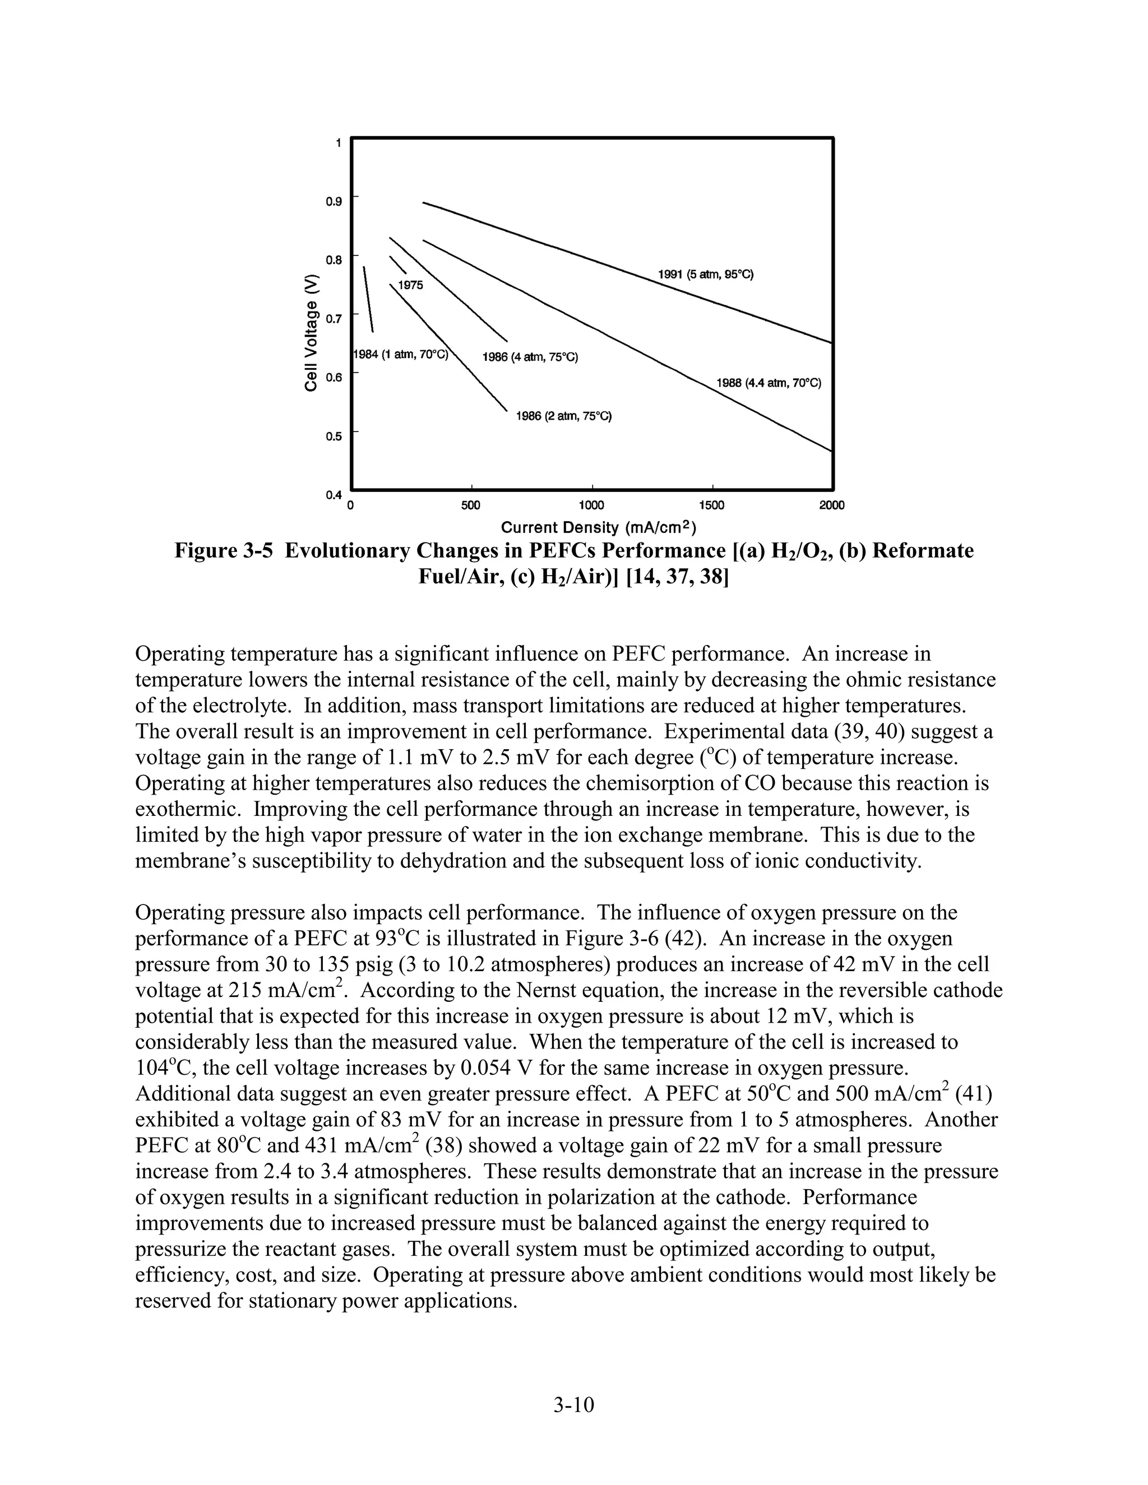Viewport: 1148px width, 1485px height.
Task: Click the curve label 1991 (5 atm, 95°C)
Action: (705, 275)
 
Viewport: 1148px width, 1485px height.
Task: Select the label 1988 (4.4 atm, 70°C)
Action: (769, 383)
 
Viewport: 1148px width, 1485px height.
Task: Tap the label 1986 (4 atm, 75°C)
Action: (530, 357)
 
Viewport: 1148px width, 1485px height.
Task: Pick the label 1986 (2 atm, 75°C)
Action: (564, 416)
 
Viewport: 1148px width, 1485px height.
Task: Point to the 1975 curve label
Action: (410, 285)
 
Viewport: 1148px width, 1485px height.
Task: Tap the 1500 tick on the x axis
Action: (711, 505)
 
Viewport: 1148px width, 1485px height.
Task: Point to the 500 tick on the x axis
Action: (471, 505)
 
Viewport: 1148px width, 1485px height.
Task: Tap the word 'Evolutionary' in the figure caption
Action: (345, 550)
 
